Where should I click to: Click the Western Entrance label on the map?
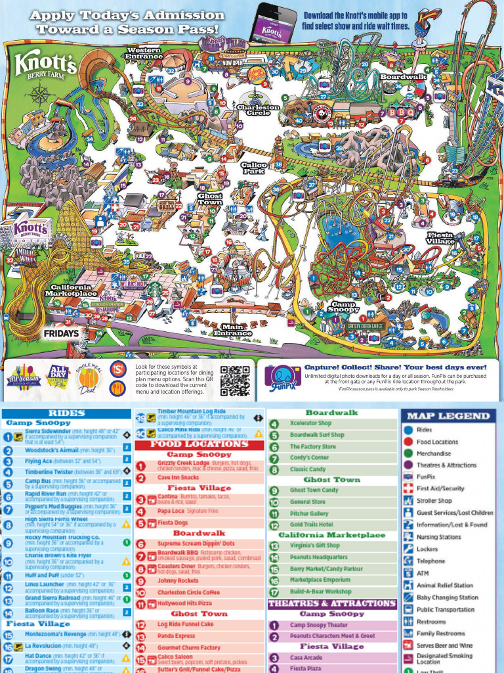144,53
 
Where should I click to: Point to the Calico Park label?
253,168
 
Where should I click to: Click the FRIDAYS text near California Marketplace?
62,333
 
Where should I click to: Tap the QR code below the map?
235,381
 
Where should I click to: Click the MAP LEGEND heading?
448,415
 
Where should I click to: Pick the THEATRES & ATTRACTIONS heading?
332,603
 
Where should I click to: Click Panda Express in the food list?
176,636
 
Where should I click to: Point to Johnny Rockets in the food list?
177,581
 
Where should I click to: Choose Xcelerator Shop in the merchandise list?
310,423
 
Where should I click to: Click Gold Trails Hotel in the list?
311,524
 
